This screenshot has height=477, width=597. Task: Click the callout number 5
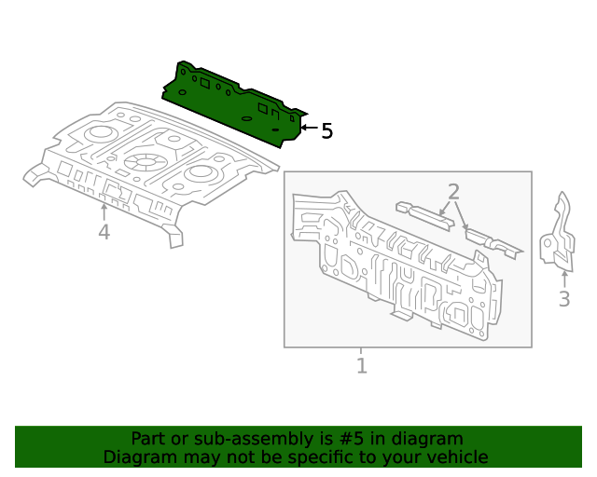326,131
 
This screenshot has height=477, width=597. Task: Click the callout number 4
104,232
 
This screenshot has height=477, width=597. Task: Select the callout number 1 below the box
362,365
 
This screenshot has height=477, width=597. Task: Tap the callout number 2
453,192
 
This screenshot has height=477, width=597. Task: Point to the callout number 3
563,299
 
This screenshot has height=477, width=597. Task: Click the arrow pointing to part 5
308,127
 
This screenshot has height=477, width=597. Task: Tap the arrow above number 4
104,210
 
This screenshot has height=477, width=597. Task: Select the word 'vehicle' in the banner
457,457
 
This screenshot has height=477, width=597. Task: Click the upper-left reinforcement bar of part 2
424,213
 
